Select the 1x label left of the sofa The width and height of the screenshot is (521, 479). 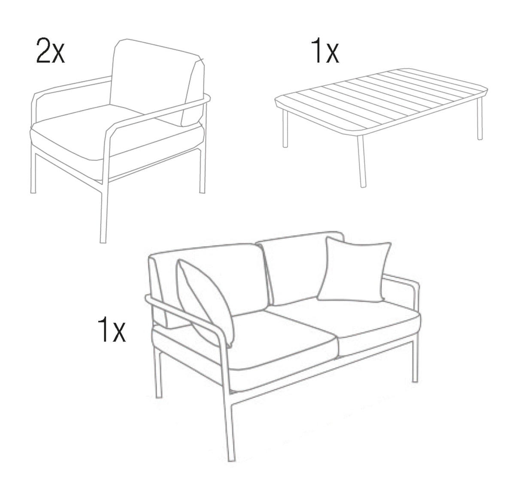tap(112, 329)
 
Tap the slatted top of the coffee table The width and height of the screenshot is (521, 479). tap(382, 99)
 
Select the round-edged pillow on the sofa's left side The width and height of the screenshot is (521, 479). tap(205, 300)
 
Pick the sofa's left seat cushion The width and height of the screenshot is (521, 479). tap(279, 339)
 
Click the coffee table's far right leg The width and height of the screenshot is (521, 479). tap(480, 122)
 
